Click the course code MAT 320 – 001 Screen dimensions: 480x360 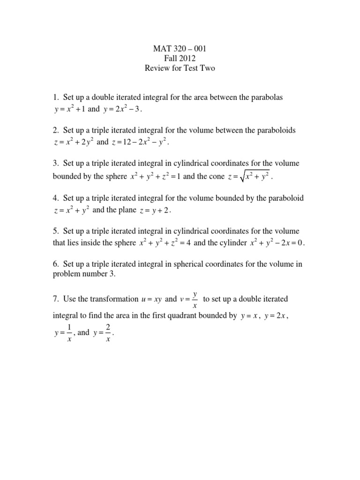point(180,48)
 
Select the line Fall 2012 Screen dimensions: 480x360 point(180,58)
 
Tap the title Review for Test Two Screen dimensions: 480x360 point(180,68)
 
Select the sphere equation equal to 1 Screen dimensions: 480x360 point(155,177)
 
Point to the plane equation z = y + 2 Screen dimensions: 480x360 point(156,211)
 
